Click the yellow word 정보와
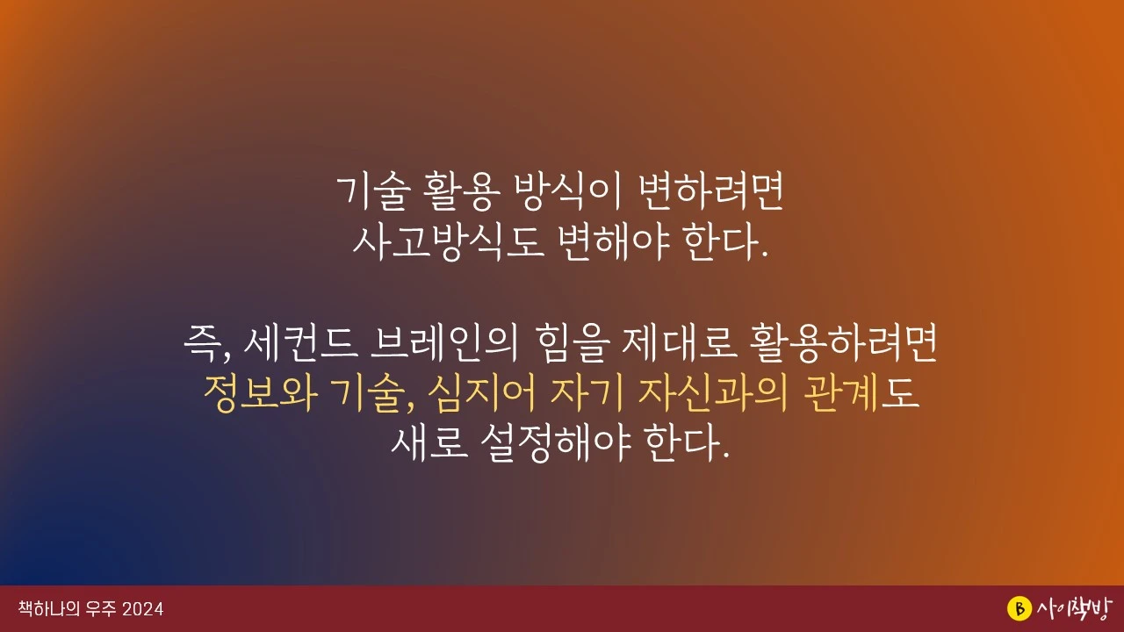coord(259,396)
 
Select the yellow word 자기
coord(585,396)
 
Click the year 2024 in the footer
coord(143,609)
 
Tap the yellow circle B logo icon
coord(1018,608)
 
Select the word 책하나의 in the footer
coord(49,609)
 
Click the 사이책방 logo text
coord(1072,608)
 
